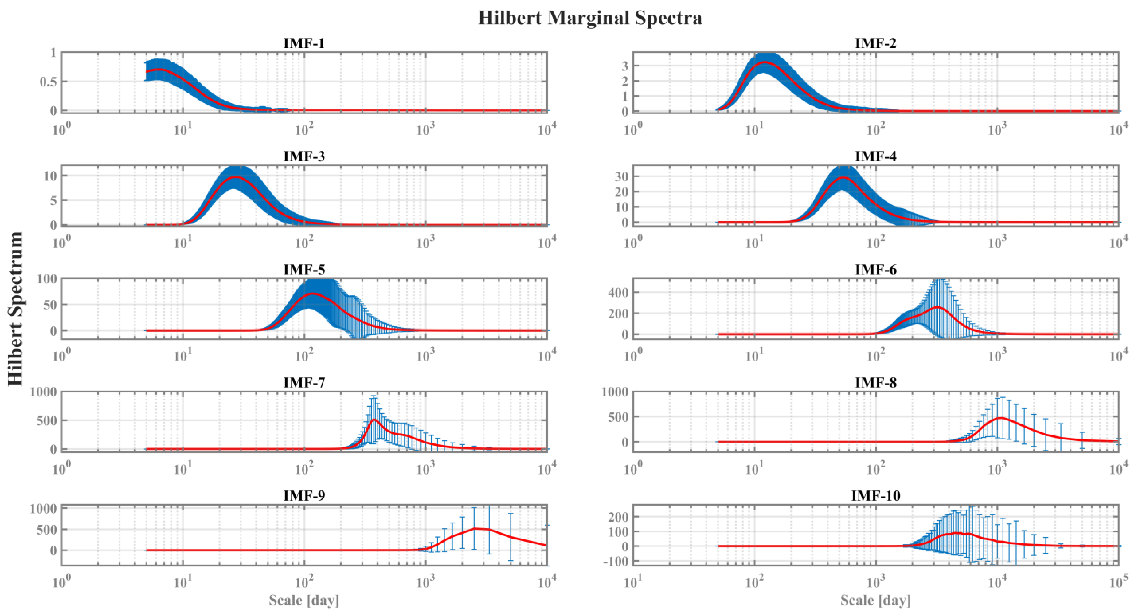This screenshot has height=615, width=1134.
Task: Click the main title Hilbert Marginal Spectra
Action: [590, 18]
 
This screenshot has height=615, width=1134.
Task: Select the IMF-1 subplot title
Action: [304, 43]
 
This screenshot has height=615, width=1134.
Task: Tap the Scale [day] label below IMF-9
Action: [304, 600]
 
